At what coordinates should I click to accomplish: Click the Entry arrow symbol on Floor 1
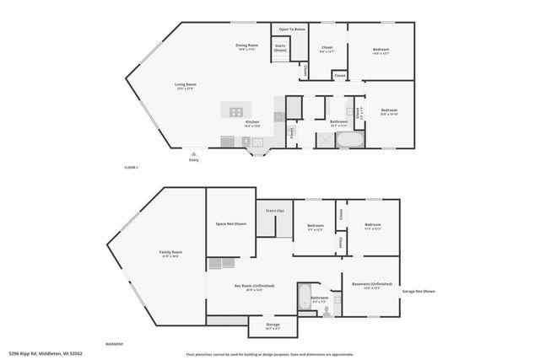(194, 154)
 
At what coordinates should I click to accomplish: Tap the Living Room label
(186, 85)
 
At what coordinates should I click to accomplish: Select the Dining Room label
(246, 47)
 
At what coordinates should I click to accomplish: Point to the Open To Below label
(292, 30)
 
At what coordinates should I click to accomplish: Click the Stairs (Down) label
(280, 49)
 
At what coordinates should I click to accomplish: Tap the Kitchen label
(252, 123)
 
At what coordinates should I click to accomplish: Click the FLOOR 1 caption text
(131, 168)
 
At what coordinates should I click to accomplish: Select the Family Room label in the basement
(171, 254)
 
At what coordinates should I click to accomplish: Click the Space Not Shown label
(231, 224)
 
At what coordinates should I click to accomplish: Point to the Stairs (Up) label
(275, 211)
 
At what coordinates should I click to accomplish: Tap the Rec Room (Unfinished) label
(254, 286)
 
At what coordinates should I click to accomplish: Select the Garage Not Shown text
(419, 291)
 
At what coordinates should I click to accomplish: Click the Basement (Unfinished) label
(370, 286)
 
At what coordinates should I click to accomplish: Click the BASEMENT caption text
(114, 344)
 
